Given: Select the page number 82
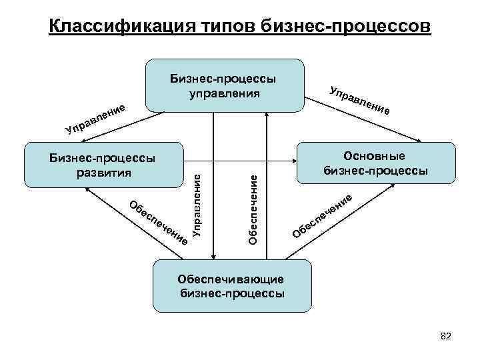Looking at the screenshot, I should (x=446, y=337).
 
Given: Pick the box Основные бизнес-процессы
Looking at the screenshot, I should (x=376, y=163).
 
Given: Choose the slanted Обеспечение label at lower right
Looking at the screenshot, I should (x=323, y=215).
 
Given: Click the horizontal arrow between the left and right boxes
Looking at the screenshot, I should (x=240, y=160).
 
